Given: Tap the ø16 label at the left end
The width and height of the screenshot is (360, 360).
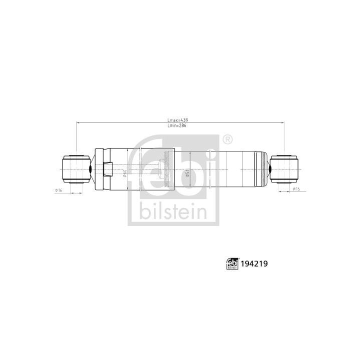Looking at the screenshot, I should (58, 190).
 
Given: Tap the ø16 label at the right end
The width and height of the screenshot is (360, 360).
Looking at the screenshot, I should (296, 189).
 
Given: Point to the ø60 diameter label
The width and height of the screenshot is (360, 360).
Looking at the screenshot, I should (124, 173).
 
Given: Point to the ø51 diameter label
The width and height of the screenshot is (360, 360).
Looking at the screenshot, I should (187, 172).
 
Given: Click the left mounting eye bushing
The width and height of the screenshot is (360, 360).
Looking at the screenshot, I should (75, 169).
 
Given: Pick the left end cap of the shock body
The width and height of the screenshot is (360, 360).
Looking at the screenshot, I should (98, 169).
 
